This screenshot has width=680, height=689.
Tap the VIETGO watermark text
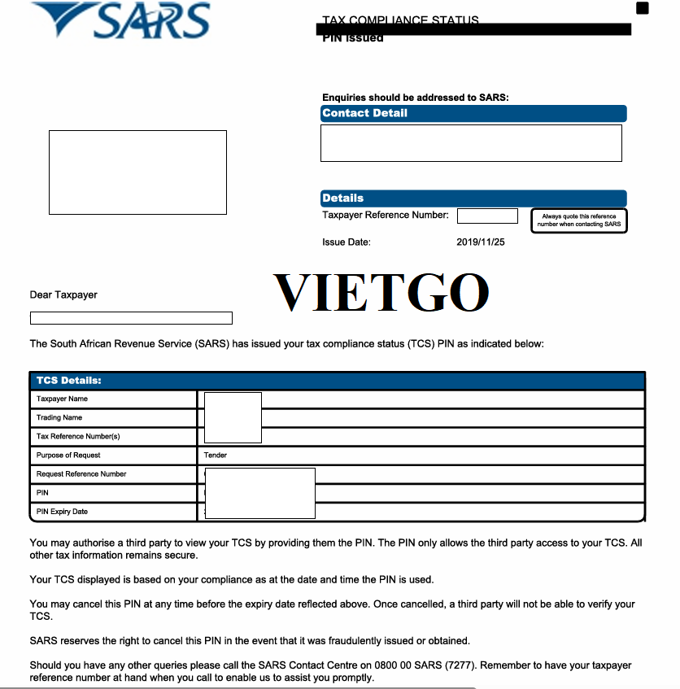point(381,293)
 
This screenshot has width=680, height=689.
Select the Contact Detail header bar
point(473,114)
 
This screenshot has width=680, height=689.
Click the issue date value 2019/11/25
point(481,242)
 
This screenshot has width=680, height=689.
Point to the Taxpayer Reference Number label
point(385,216)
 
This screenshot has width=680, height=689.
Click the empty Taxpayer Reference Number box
point(487,216)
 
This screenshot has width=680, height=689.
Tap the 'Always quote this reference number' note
point(579,220)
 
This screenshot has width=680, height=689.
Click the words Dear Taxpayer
point(63,294)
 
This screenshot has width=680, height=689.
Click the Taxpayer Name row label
point(62,399)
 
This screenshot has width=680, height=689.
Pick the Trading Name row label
point(59,418)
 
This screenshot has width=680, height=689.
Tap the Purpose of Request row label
point(68,456)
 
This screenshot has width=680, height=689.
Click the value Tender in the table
point(216,456)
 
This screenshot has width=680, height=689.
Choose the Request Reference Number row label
point(81,474)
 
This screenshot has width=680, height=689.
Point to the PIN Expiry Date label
point(62,512)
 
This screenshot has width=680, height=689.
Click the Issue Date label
point(347,242)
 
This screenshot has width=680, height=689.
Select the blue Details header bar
point(473,198)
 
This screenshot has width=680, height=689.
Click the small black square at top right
point(643,8)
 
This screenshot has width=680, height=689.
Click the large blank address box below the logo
point(137,172)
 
